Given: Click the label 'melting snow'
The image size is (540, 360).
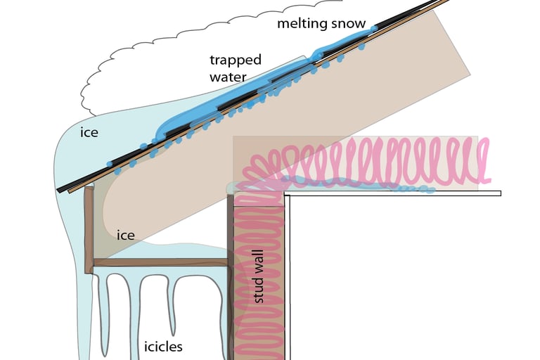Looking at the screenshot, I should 321,24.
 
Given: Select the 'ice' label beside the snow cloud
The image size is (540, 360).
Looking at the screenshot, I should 89,131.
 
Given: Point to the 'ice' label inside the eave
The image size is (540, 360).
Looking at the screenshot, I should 126,236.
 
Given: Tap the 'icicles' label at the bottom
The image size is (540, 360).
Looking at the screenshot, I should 163,347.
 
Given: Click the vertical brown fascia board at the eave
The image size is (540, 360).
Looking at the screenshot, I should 89,229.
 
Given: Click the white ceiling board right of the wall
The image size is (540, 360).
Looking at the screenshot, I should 394,193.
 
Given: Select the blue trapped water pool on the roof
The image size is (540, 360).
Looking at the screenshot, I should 211,109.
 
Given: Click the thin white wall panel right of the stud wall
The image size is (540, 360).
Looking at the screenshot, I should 288,281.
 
